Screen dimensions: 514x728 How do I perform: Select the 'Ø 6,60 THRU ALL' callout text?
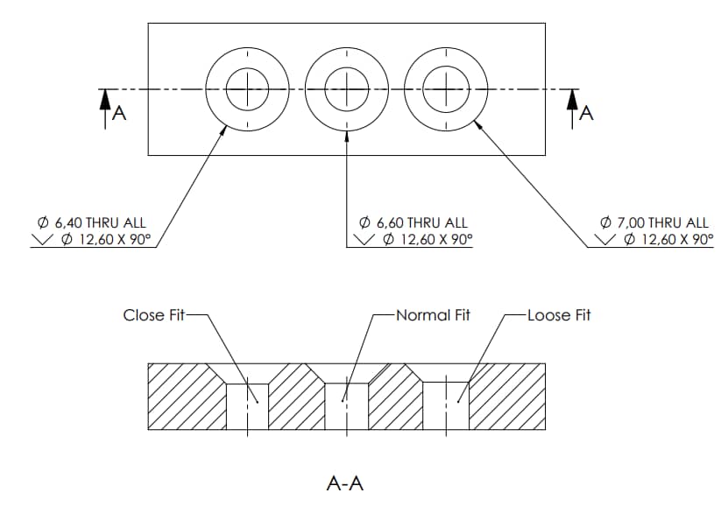pyautogui.click(x=413, y=223)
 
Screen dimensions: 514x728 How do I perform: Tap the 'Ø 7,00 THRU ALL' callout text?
pyautogui.click(x=655, y=223)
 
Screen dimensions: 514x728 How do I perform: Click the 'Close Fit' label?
pyautogui.click(x=153, y=315)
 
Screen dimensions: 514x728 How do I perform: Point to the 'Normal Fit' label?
pyautogui.click(x=433, y=315)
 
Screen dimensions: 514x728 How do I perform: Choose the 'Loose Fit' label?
pyautogui.click(x=559, y=315)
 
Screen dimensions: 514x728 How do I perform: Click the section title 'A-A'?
pyautogui.click(x=344, y=482)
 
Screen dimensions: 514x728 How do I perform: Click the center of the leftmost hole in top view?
pyautogui.click(x=248, y=88)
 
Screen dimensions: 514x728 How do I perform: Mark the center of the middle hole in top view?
pyautogui.click(x=348, y=88)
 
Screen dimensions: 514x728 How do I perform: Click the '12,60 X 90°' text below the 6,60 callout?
pyautogui.click(x=427, y=240)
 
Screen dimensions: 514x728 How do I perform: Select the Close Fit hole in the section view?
pyautogui.click(x=248, y=406)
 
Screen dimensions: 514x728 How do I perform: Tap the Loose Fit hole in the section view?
pyautogui.click(x=446, y=406)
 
